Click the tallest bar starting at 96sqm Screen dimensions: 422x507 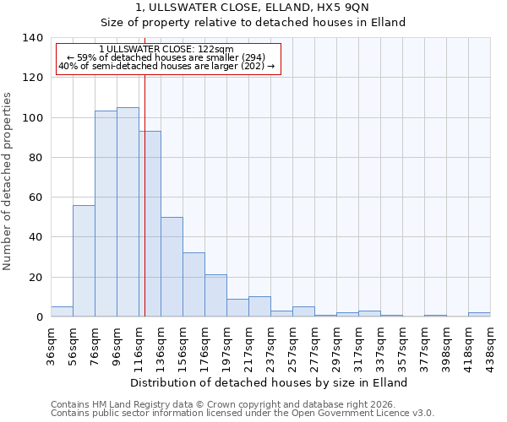pos(128,212)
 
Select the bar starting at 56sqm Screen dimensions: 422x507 pos(84,261)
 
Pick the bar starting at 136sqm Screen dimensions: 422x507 pos(172,267)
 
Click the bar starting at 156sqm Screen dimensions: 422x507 pos(194,284)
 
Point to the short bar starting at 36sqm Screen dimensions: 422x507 pos(62,311)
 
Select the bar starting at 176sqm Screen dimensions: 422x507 pos(215,295)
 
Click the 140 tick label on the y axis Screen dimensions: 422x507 pos(33,38)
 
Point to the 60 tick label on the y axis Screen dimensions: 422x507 pos(36,197)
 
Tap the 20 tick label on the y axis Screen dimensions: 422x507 pos(36,277)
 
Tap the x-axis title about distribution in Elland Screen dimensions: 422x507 pos(270,382)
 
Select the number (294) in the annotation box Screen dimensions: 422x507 pos(253,57)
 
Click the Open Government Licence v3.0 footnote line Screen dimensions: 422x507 pos(243,413)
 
